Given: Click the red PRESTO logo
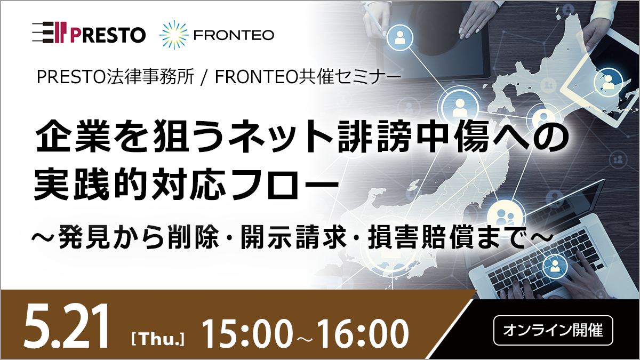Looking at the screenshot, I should coord(89,35).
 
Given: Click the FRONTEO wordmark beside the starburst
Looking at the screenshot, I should coord(234,36).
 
